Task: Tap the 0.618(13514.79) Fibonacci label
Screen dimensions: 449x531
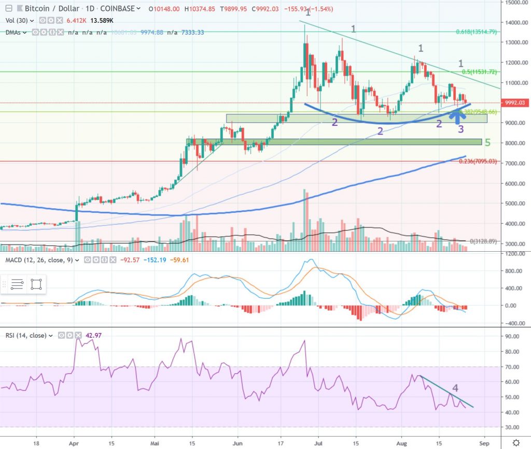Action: point(477,32)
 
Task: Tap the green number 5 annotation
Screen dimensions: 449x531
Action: point(487,141)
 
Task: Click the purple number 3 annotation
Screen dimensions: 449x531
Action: point(460,129)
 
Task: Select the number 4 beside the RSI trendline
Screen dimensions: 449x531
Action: point(455,387)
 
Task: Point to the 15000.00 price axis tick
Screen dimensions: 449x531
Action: point(516,3)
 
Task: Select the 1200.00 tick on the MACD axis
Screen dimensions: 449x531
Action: point(515,253)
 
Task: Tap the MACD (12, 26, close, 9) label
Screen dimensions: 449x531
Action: point(39,260)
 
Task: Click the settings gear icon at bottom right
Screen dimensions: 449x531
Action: point(516,443)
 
